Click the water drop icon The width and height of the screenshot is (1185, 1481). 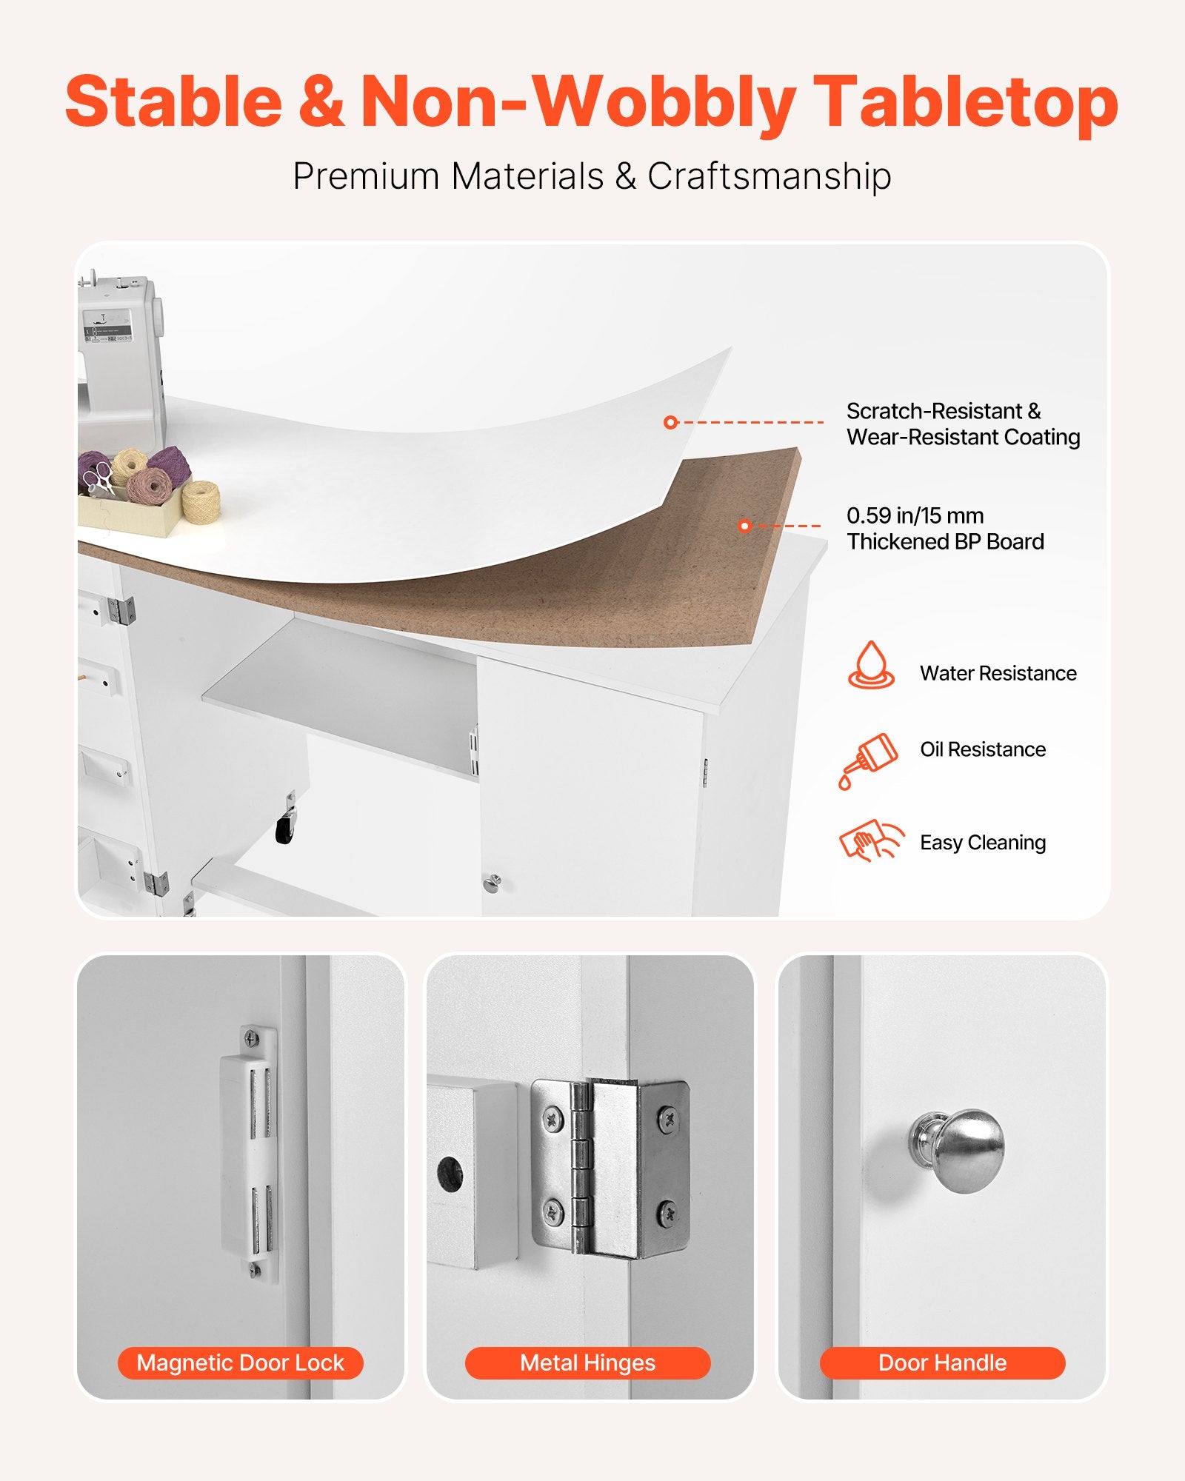click(x=871, y=665)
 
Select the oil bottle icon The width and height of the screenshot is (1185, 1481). click(x=868, y=761)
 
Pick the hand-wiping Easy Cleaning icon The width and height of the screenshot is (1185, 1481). click(x=872, y=840)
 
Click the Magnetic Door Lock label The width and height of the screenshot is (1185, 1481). click(x=240, y=1363)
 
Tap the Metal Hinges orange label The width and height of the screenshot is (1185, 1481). click(x=587, y=1363)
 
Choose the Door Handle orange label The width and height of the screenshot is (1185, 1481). click(x=942, y=1363)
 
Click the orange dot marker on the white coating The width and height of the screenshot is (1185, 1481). click(x=671, y=422)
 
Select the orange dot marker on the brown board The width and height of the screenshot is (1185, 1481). click(x=745, y=526)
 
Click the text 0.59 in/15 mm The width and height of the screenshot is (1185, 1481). click(x=915, y=515)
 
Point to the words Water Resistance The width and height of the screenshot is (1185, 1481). click(x=998, y=673)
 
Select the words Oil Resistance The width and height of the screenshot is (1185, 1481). click(x=983, y=749)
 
